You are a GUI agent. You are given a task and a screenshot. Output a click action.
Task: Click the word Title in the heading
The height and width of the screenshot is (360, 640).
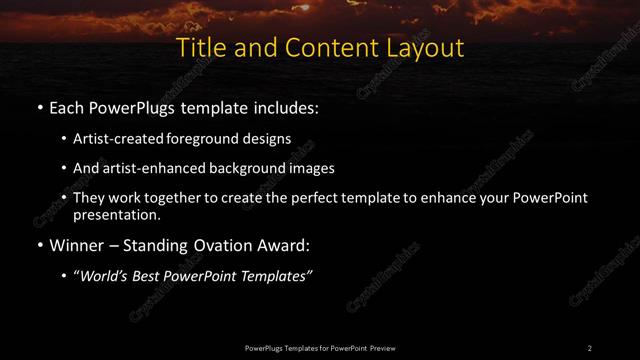click(198, 48)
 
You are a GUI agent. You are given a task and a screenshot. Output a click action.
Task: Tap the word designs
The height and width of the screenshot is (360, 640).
click(268, 139)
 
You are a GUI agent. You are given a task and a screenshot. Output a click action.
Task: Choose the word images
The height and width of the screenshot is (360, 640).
click(311, 168)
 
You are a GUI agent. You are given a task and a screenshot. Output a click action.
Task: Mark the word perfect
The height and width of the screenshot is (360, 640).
click(312, 198)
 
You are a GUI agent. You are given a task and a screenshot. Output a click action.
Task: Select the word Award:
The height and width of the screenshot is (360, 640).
click(276, 244)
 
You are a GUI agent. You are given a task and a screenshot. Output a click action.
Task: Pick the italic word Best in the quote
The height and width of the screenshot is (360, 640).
click(149, 275)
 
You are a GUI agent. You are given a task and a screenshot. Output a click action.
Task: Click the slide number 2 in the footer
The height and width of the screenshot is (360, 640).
click(590, 347)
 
